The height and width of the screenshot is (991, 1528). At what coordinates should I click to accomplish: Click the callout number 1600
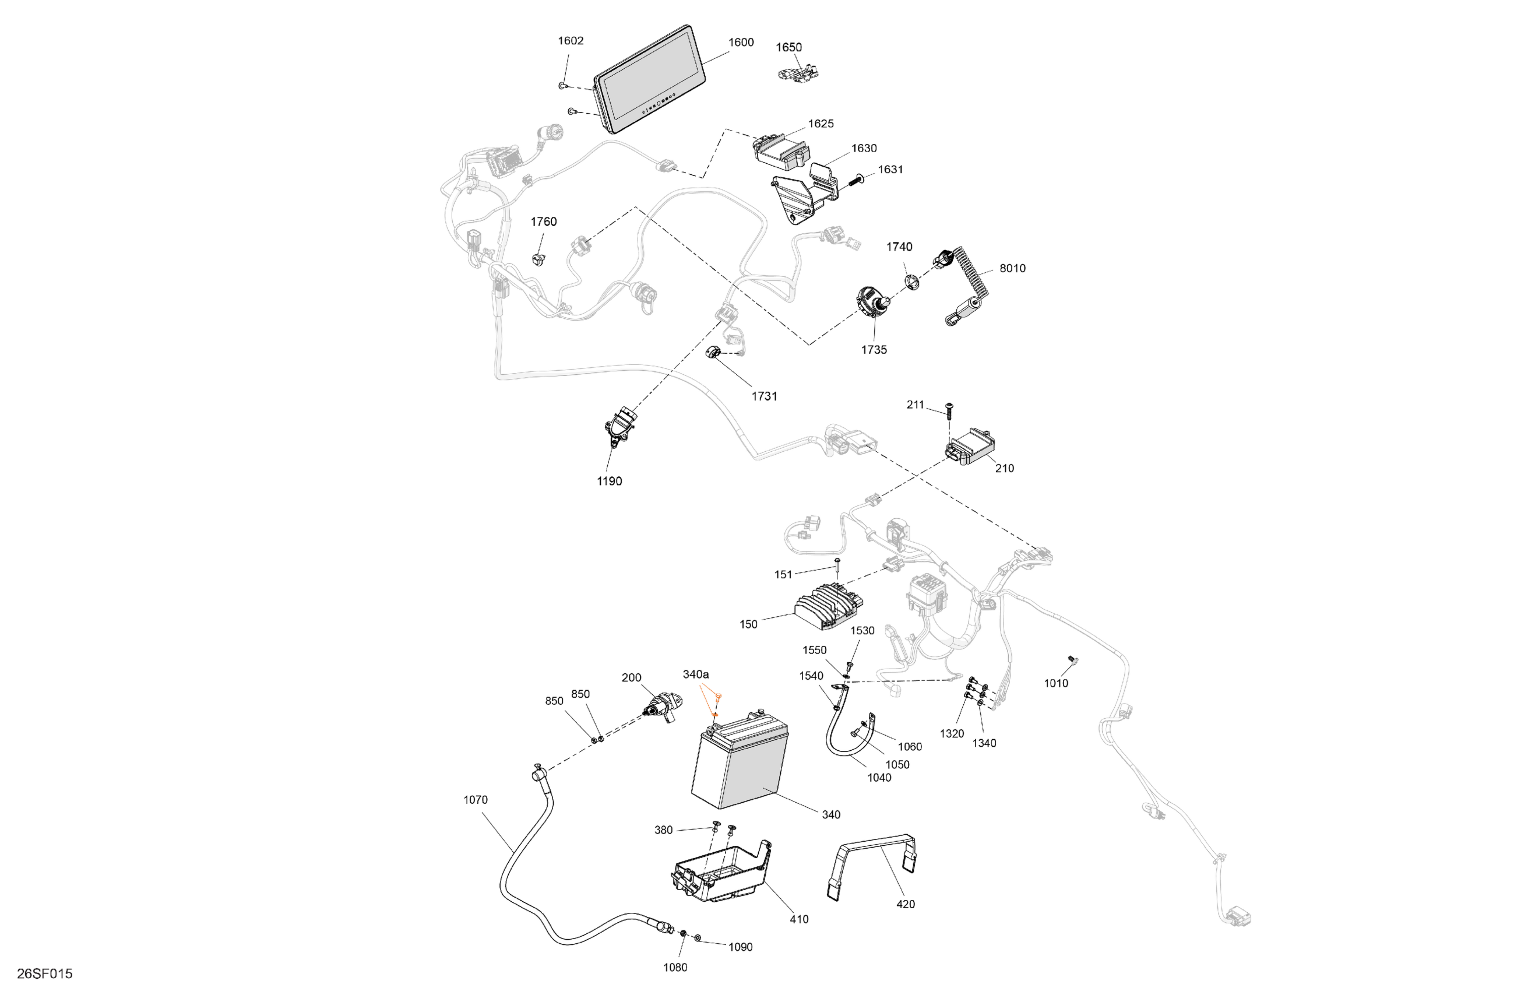(740, 43)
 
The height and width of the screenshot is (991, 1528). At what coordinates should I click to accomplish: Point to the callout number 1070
(475, 800)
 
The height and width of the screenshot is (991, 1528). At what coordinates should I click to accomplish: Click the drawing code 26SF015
(45, 974)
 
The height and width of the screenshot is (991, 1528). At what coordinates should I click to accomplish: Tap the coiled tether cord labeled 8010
(966, 283)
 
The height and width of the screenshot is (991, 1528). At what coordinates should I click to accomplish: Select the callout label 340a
(695, 674)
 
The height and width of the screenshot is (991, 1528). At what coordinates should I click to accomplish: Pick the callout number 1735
(874, 349)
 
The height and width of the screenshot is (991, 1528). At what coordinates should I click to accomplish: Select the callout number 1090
(740, 947)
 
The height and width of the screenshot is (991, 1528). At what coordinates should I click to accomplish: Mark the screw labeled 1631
(858, 180)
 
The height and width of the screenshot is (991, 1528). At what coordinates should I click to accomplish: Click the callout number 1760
(543, 222)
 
